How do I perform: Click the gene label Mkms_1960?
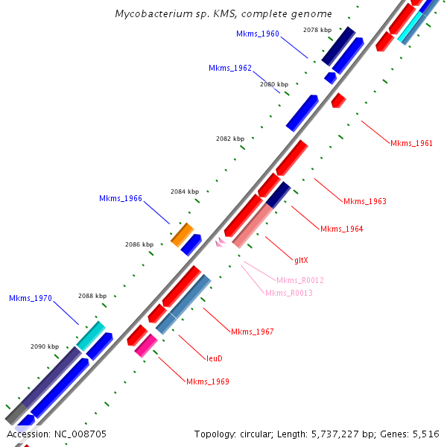(258, 34)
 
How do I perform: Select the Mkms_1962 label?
(230, 68)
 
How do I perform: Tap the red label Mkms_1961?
(411, 143)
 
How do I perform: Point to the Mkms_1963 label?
(365, 201)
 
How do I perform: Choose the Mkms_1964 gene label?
(342, 229)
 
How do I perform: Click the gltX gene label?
(301, 260)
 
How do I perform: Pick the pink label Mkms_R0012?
(300, 280)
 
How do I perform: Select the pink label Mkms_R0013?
(289, 293)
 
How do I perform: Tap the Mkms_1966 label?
(121, 198)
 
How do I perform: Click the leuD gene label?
(215, 358)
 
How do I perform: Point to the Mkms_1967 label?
(253, 332)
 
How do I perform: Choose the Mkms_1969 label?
(208, 381)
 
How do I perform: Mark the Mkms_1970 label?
(31, 298)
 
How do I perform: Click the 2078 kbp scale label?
(317, 30)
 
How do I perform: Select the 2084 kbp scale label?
(185, 191)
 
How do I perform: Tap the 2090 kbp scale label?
(44, 346)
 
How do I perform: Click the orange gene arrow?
(182, 234)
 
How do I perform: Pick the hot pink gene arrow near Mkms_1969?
(146, 345)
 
